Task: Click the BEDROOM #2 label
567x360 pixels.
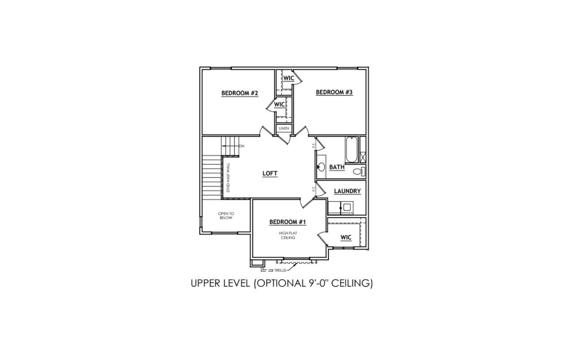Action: click(x=240, y=93)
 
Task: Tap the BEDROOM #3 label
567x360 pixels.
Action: click(x=334, y=92)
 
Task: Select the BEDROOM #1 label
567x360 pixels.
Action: click(x=287, y=222)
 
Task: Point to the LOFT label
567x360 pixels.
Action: click(x=270, y=173)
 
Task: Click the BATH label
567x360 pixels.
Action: click(x=337, y=167)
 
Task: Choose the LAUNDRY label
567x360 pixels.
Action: click(x=347, y=191)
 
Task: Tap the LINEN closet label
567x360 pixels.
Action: click(x=284, y=129)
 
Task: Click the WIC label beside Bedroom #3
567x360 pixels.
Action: click(x=289, y=78)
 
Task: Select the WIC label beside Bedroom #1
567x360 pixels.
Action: click(x=346, y=237)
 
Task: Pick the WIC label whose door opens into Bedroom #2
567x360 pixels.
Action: click(x=280, y=104)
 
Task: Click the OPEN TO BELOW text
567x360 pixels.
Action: click(x=226, y=215)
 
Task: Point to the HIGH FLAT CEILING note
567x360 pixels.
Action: click(x=288, y=235)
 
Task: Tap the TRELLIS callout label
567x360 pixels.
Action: click(x=280, y=270)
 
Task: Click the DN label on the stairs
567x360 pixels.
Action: click(x=242, y=146)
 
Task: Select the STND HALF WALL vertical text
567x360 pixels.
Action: click(x=228, y=178)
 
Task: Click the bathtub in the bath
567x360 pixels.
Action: click(x=352, y=150)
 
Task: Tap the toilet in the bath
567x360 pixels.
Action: click(x=359, y=172)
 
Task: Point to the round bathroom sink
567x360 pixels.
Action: click(x=322, y=167)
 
